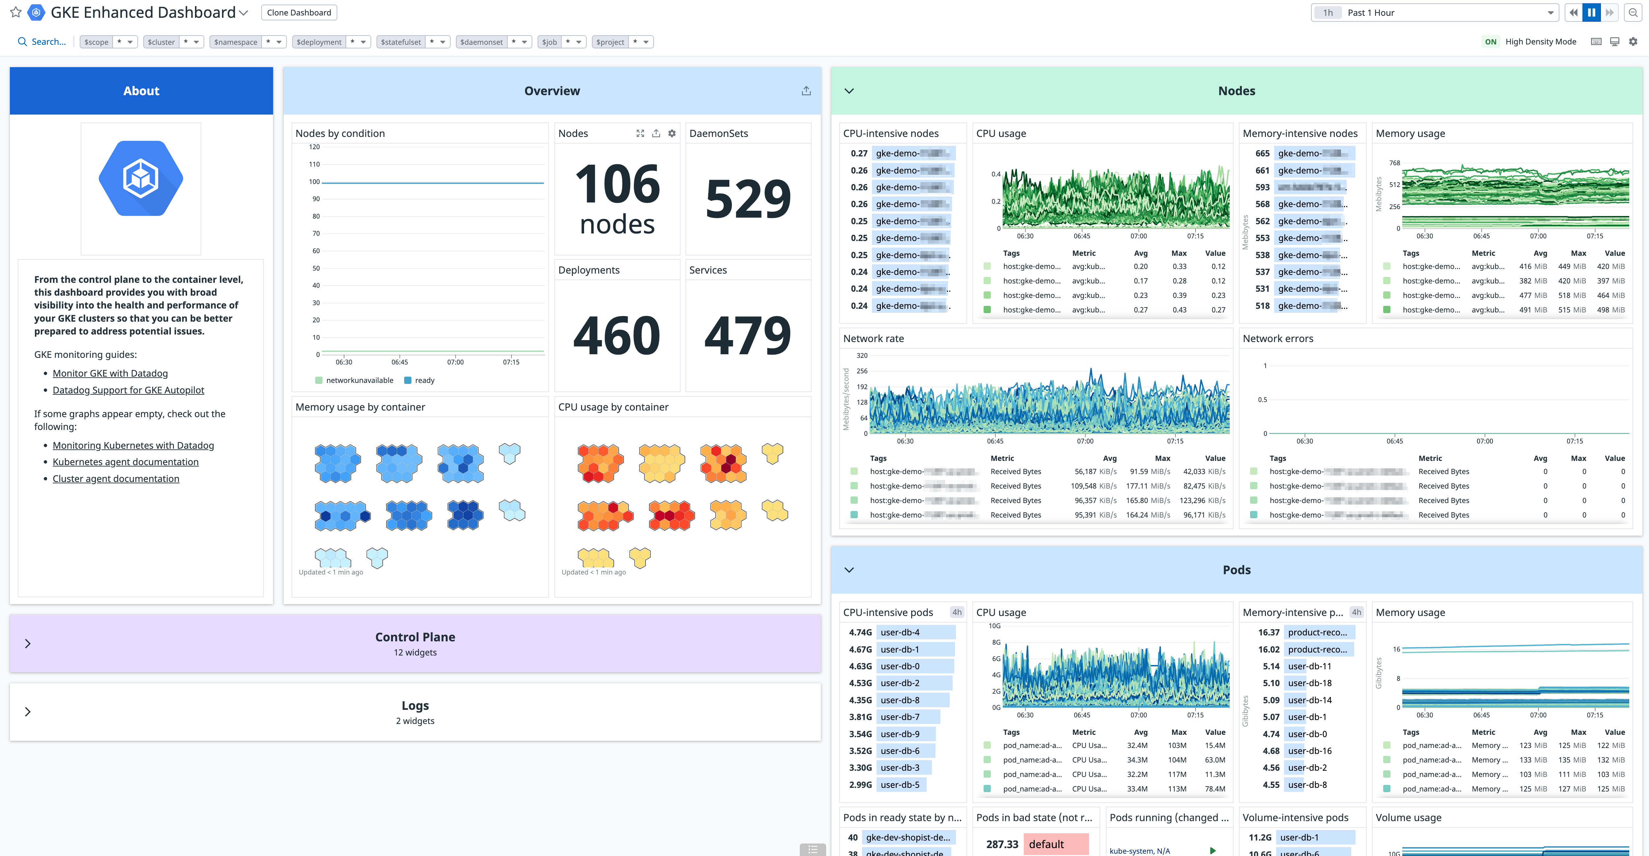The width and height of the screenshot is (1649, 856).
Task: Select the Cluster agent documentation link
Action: (x=116, y=479)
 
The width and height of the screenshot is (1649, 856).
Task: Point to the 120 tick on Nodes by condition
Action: (x=314, y=147)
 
